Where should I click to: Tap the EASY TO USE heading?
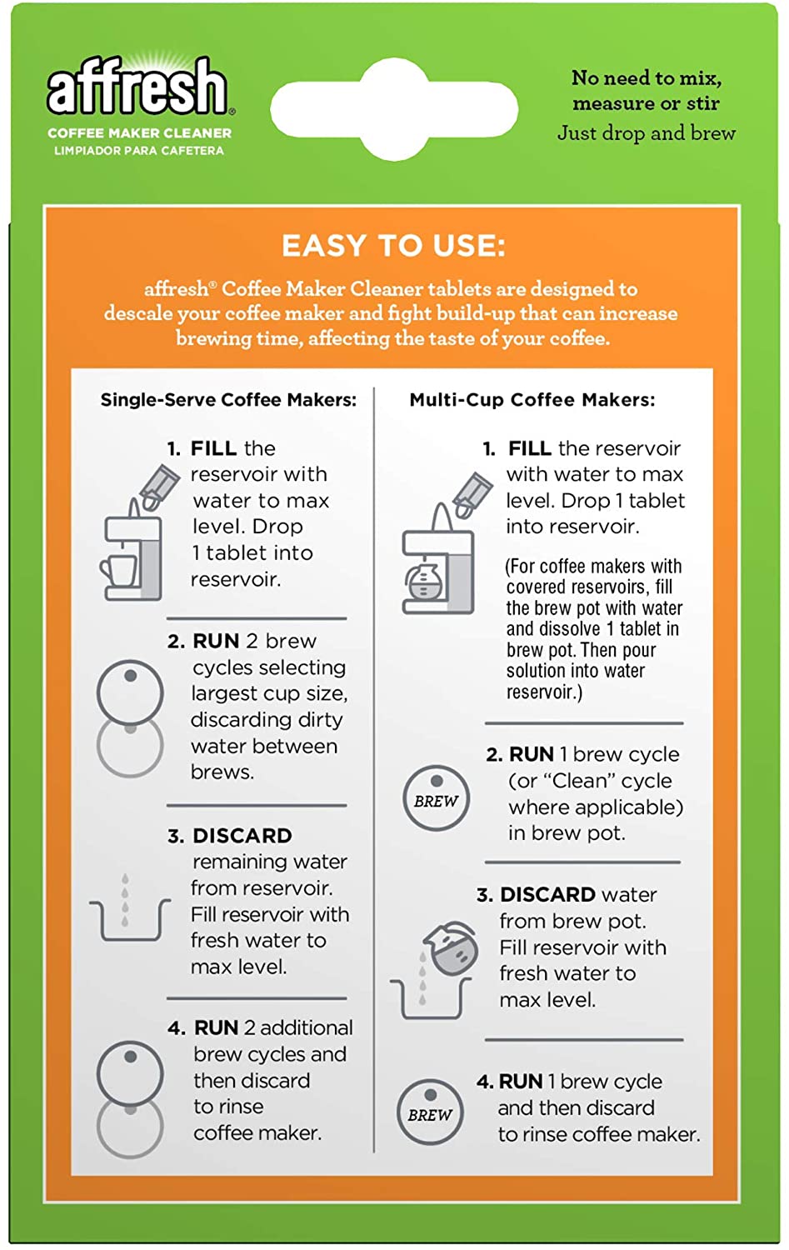[393, 246]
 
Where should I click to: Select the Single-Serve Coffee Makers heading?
[228, 400]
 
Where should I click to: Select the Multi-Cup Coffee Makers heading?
[532, 400]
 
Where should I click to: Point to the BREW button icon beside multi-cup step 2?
[436, 798]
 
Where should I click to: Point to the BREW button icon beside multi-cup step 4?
[430, 1112]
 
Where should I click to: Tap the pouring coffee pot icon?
[450, 950]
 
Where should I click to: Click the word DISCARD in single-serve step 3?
[242, 836]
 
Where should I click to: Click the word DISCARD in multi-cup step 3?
[547, 895]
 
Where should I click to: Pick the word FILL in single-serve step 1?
[213, 448]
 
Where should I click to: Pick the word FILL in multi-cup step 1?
[530, 448]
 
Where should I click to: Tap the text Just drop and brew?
[647, 133]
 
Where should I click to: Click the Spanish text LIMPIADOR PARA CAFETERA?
[139, 151]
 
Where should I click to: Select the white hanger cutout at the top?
[394, 109]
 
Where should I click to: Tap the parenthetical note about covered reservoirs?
[593, 629]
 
